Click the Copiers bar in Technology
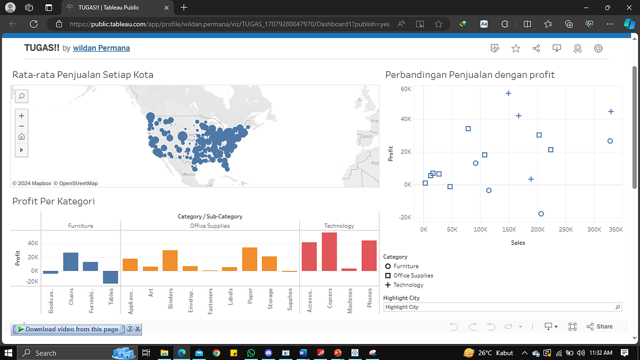(329, 252)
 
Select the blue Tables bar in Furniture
(110, 277)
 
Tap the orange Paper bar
(250, 259)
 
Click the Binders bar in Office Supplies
(170, 260)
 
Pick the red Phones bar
(369, 255)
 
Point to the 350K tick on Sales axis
(615, 229)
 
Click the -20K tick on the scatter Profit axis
(405, 218)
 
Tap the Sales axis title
(518, 243)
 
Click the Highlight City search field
(501, 307)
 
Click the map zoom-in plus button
(21, 116)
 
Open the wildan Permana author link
(101, 48)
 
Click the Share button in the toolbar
(599, 326)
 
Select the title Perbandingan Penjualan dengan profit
(470, 75)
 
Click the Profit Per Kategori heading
(53, 201)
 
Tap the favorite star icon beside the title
(516, 49)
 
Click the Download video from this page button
(68, 329)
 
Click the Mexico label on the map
(188, 174)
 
